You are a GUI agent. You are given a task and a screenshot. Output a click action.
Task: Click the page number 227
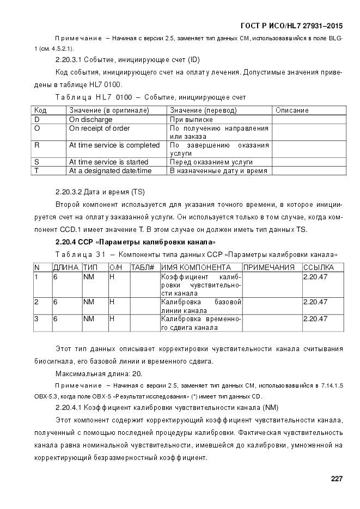[x=336, y=479]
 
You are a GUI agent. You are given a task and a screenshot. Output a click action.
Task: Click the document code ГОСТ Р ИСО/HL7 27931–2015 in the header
[x=291, y=26]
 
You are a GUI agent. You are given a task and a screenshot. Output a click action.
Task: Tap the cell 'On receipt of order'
[x=99, y=128]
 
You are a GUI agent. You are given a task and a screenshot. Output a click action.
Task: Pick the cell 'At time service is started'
[x=108, y=162]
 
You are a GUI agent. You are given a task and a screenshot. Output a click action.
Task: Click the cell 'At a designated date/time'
[x=110, y=171]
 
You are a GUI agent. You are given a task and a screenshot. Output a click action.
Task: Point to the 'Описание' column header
[x=292, y=111]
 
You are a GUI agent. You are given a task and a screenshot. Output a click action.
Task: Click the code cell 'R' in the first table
[x=37, y=145]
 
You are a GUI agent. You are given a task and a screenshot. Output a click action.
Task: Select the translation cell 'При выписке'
[x=191, y=120]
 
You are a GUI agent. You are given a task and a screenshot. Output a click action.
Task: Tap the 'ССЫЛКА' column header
[x=318, y=268]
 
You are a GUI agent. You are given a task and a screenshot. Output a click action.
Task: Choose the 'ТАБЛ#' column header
[x=143, y=268]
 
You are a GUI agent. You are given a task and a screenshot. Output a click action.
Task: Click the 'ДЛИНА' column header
[x=66, y=268]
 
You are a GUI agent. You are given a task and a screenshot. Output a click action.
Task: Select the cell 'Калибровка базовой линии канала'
[x=201, y=306]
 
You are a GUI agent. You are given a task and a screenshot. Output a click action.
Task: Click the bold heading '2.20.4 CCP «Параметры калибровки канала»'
[x=136, y=242]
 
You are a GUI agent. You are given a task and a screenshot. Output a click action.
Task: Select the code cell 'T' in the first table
[x=36, y=171]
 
